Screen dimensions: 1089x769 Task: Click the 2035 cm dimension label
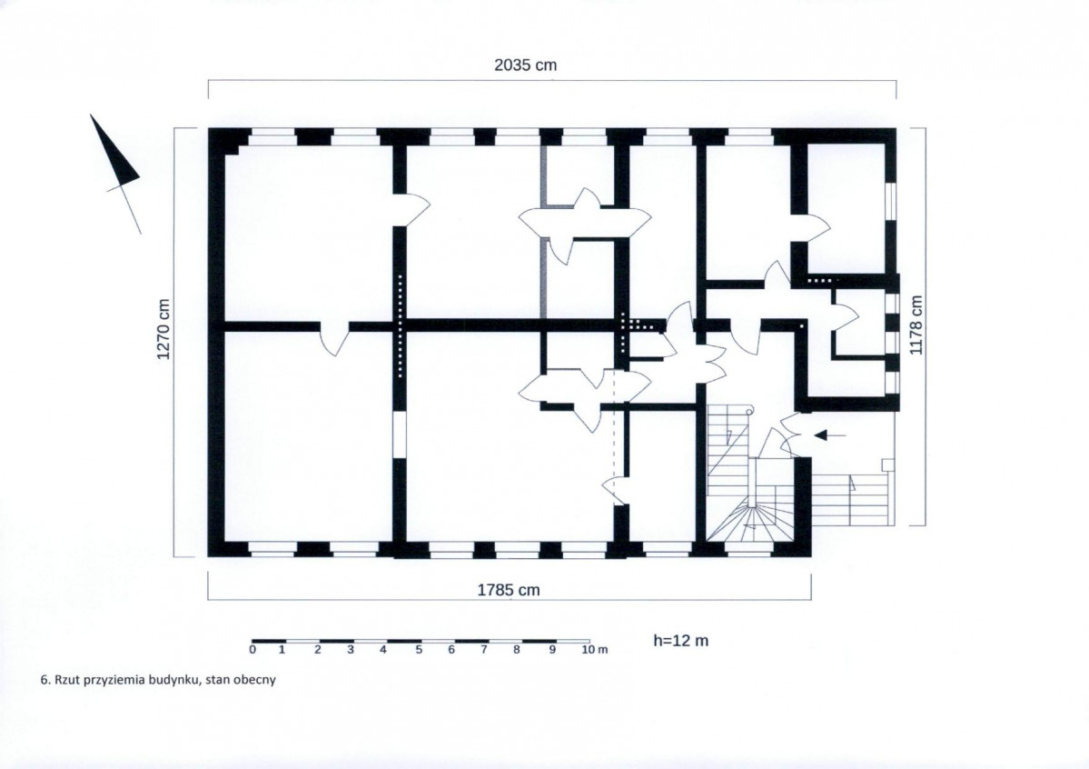point(525,65)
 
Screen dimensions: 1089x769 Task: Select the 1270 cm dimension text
point(163,330)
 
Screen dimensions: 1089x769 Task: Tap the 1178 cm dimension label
point(916,325)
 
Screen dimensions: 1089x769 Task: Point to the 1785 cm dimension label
point(509,590)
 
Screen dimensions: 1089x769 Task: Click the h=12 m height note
point(680,640)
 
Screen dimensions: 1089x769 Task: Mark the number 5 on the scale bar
point(419,650)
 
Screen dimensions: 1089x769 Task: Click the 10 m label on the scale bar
point(595,650)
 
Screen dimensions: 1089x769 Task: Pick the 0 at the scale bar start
point(252,649)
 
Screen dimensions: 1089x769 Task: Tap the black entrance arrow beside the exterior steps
point(830,435)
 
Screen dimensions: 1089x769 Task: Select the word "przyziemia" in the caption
point(114,680)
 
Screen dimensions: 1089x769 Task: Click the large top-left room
point(309,233)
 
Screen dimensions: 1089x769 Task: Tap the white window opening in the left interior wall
point(400,435)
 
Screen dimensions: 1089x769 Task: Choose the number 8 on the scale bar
point(517,650)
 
